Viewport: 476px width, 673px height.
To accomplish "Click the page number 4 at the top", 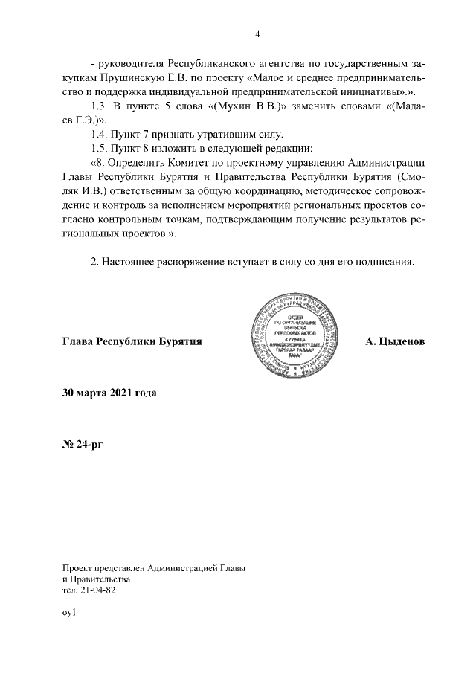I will [257, 33].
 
